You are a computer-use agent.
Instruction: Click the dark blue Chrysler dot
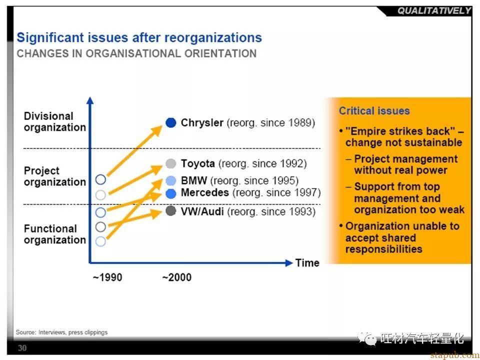[x=171, y=122]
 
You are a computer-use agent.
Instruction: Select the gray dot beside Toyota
[x=171, y=163]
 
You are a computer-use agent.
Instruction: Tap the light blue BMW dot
[x=171, y=180]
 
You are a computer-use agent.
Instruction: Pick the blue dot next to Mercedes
[x=171, y=193]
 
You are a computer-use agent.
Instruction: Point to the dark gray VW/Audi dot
[x=171, y=210]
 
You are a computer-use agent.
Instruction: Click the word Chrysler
[x=202, y=123]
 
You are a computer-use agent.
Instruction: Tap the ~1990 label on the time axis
[x=107, y=277]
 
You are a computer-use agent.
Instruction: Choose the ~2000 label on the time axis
[x=176, y=277]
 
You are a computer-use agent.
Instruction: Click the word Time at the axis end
[x=307, y=262]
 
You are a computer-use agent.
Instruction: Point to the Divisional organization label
[x=55, y=121]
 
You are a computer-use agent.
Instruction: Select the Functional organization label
[x=55, y=234]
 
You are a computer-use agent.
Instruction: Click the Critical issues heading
[x=374, y=110]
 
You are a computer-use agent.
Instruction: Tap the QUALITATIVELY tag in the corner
[x=434, y=10]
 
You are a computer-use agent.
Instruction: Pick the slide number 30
[x=22, y=348]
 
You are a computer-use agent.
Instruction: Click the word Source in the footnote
[x=25, y=332]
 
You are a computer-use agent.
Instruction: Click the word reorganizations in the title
[x=213, y=37]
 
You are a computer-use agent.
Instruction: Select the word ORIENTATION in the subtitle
[x=220, y=53]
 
